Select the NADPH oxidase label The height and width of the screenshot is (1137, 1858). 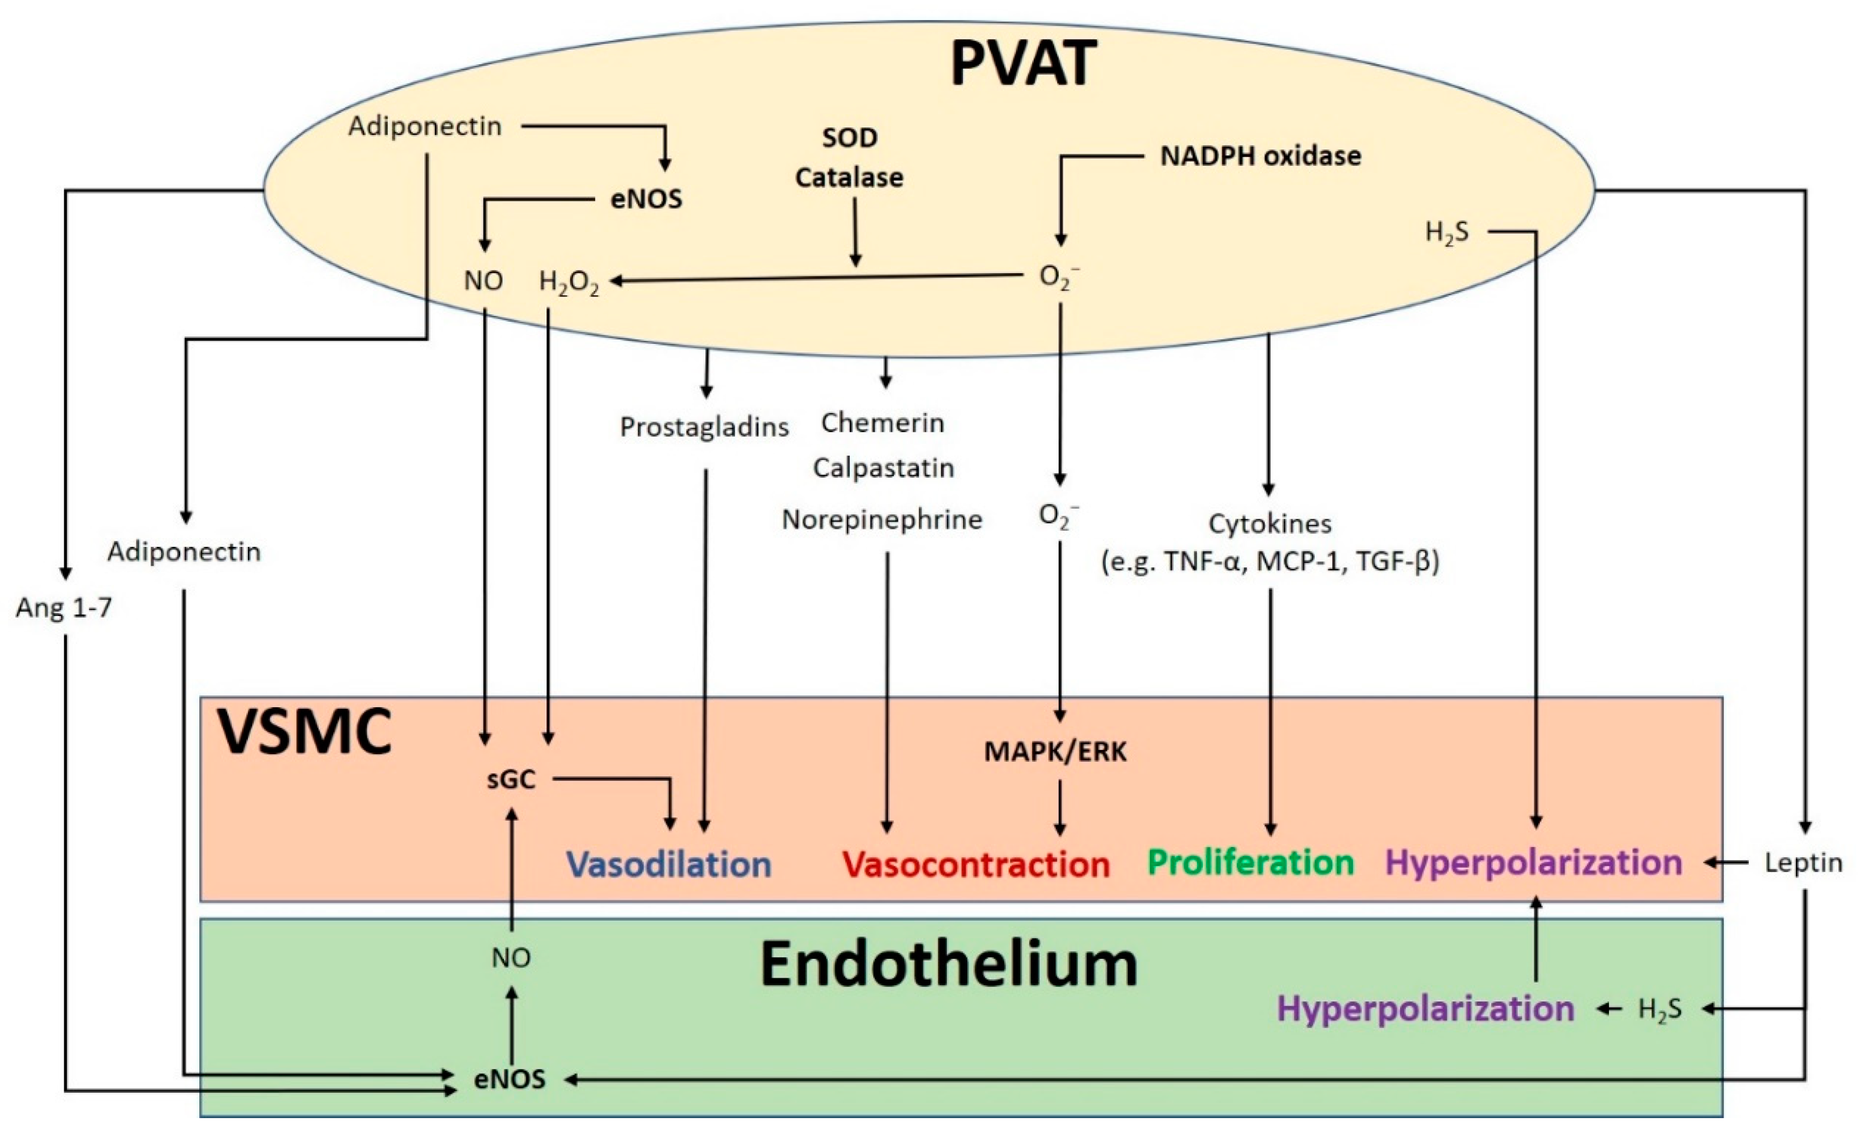click(1260, 156)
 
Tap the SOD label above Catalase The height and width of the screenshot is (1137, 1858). click(849, 138)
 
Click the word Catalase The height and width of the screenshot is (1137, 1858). click(849, 178)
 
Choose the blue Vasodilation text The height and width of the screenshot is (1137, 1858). click(669, 864)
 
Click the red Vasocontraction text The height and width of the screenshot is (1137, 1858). click(976, 864)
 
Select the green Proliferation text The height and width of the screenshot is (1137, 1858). click(1250, 863)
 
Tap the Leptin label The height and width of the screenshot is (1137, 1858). click(1803, 863)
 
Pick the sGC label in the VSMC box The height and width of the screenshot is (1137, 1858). click(511, 780)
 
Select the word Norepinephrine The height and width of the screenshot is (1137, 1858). click(881, 519)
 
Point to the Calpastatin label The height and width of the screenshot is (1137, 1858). click(883, 468)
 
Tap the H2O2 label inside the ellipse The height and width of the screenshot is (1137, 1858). click(569, 282)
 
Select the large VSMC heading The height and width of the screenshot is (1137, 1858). click(305, 732)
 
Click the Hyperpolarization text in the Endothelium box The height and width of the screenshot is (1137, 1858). click(1425, 1009)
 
